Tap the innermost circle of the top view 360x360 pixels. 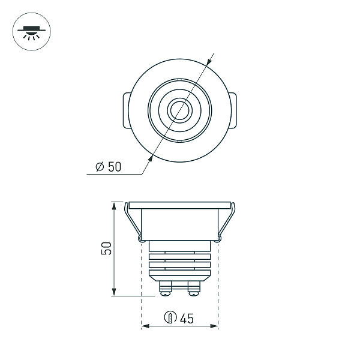(179, 110)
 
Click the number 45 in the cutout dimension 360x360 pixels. (187, 318)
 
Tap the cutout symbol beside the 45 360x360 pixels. (171, 318)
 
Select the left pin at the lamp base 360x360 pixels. (164, 288)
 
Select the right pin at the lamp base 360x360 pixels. (193, 288)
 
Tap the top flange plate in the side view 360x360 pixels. (179, 204)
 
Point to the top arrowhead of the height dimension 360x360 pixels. (113, 205)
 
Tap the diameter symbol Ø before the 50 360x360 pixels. (100, 167)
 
